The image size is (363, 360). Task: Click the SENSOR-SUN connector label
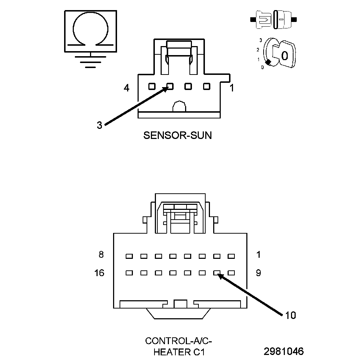pyautogui.click(x=178, y=135)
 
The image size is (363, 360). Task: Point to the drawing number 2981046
pyautogui.click(x=283, y=351)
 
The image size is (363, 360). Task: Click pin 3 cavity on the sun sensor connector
pyautogui.click(x=170, y=86)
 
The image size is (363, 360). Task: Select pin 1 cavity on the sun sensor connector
pyautogui.click(x=206, y=86)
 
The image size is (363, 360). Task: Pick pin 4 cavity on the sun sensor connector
pyautogui.click(x=152, y=86)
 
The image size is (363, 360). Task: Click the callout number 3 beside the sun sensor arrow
pyautogui.click(x=99, y=125)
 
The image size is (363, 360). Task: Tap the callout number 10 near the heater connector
pyautogui.click(x=290, y=315)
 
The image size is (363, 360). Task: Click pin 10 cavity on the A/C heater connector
pyautogui.click(x=217, y=273)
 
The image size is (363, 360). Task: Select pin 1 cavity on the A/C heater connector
pyautogui.click(x=231, y=256)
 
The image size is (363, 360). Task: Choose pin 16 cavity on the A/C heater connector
pyautogui.click(x=129, y=273)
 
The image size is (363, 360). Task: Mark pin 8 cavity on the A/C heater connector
pyautogui.click(x=129, y=256)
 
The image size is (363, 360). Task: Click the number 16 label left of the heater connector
pyautogui.click(x=99, y=273)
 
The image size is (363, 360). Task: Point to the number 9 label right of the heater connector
pyautogui.click(x=258, y=273)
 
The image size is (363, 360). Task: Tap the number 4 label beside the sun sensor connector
pyautogui.click(x=126, y=87)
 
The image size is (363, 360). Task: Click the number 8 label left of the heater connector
pyautogui.click(x=101, y=255)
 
